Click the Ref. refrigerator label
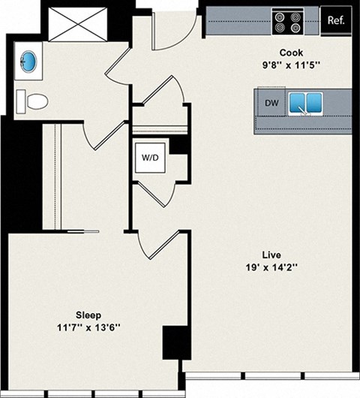pyautogui.click(x=335, y=20)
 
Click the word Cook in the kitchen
pyautogui.click(x=291, y=53)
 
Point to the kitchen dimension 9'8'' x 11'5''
pyautogui.click(x=291, y=65)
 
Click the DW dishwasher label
pyautogui.click(x=271, y=104)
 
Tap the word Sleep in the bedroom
pyautogui.click(x=88, y=315)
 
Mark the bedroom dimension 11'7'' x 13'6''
pyautogui.click(x=88, y=327)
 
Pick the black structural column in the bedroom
pyautogui.click(x=174, y=343)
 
